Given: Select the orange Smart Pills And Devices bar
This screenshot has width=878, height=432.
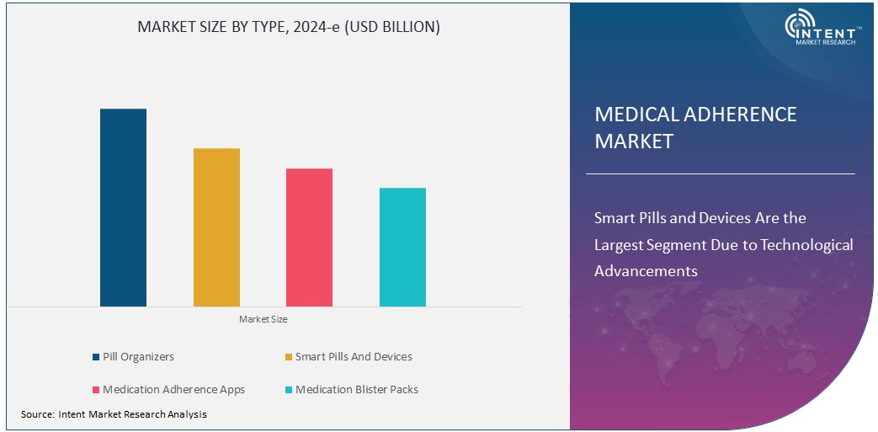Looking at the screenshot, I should pos(216,227).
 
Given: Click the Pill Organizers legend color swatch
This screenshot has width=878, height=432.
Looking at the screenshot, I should pos(96,357).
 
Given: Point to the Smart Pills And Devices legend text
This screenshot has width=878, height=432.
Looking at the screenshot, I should pos(354,357).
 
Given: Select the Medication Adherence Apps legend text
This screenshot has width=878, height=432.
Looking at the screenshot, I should pos(173,390).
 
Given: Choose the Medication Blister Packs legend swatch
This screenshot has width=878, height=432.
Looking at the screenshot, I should pos(289,390).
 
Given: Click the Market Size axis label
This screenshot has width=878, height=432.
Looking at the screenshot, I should pos(263,319).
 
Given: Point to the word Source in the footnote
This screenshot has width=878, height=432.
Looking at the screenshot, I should pos(37,414).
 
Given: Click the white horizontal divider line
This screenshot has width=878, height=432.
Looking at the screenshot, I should pos(720,173).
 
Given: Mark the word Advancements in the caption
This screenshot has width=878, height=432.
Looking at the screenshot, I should pos(646,271).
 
